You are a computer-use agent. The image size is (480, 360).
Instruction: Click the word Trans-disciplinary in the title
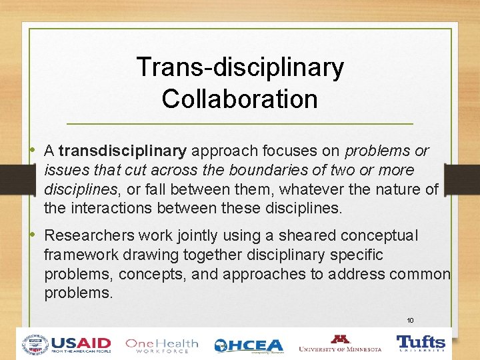click(x=240, y=67)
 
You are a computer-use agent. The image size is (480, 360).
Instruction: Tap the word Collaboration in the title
click(x=239, y=99)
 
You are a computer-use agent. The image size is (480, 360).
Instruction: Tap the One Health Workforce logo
click(x=161, y=345)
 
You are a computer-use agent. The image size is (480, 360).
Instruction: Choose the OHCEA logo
click(x=249, y=345)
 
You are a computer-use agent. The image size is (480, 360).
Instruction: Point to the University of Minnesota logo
click(x=340, y=343)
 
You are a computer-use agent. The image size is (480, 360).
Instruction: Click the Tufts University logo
click(x=421, y=343)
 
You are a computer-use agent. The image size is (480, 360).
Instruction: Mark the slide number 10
click(x=411, y=321)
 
